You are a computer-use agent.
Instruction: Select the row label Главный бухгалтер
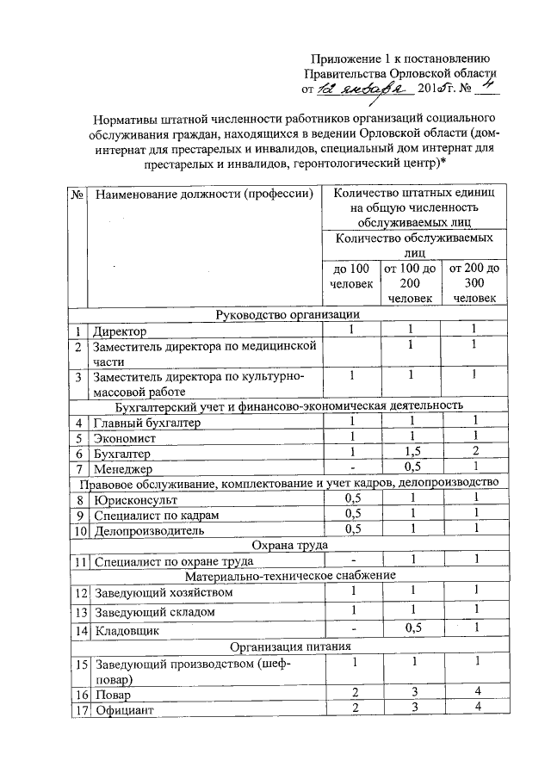coord(147,423)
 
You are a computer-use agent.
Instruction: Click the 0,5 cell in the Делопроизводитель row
coord(351,529)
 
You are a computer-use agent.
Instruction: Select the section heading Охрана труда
coord(288,545)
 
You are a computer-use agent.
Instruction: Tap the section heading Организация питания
coord(288,646)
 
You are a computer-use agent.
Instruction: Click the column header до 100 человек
coord(351,276)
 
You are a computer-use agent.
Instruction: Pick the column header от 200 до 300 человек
coord(473,283)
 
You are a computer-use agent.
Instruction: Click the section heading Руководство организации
coord(288,315)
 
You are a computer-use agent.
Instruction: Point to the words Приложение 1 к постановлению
coord(400,58)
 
